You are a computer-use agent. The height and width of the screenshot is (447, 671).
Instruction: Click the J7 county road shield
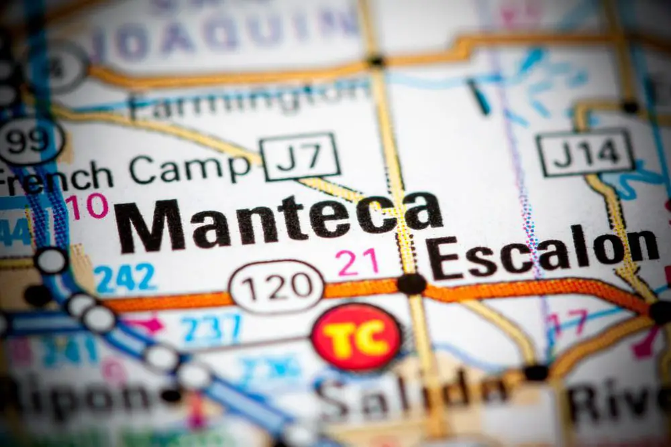click(300, 157)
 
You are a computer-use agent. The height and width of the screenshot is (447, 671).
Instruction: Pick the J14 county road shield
click(585, 152)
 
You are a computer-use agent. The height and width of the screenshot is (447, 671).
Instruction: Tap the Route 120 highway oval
click(276, 288)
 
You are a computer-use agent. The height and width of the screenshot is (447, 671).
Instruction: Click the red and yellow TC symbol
click(357, 336)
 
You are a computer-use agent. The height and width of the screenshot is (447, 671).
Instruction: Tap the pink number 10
click(87, 206)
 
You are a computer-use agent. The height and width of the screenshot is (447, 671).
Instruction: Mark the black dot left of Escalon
click(411, 283)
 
